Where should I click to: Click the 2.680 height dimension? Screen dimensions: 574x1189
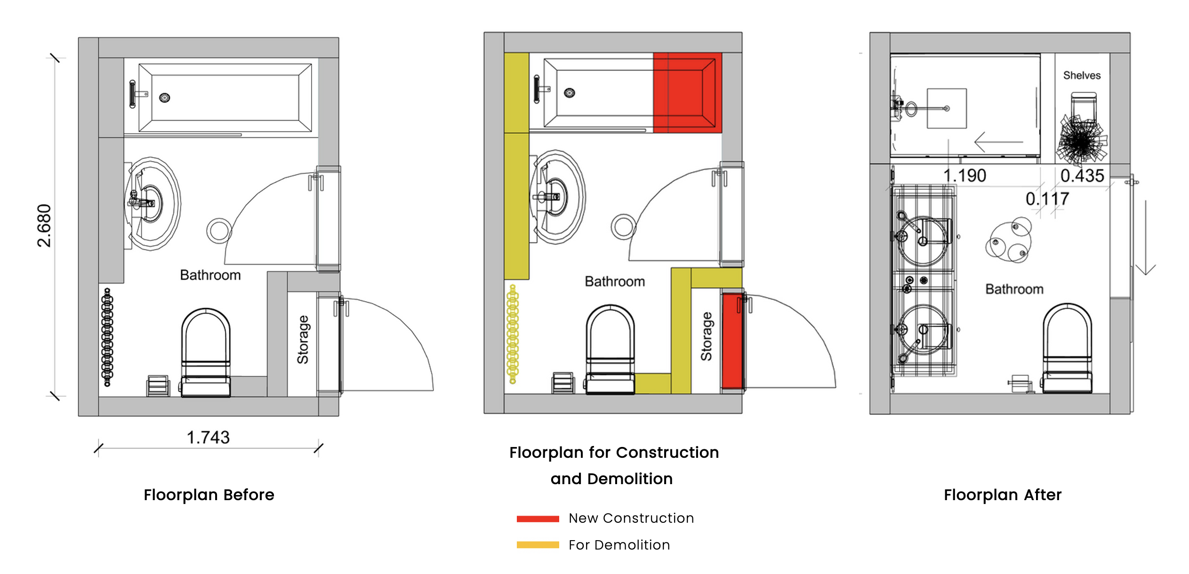pyautogui.click(x=44, y=226)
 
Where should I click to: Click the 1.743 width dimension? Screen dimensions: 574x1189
pyautogui.click(x=208, y=438)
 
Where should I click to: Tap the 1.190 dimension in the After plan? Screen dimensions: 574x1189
pyautogui.click(x=964, y=176)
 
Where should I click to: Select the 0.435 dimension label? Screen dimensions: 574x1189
pyautogui.click(x=1082, y=176)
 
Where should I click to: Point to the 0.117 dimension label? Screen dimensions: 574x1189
pyautogui.click(x=1047, y=199)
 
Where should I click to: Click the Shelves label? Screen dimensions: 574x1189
pyautogui.click(x=1082, y=75)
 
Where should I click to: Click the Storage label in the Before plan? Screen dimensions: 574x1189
pyautogui.click(x=303, y=340)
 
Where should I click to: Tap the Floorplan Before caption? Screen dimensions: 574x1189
pyautogui.click(x=209, y=495)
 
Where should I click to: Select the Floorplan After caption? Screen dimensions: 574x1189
pyautogui.click(x=1003, y=495)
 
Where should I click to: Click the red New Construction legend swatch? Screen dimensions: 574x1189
pyautogui.click(x=538, y=518)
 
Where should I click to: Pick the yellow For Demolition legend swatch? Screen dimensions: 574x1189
pyautogui.click(x=538, y=545)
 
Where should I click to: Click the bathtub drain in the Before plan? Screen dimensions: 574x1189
pyautogui.click(x=164, y=98)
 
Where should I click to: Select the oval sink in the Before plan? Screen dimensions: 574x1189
pyautogui.click(x=153, y=204)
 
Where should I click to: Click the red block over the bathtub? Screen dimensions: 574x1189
pyautogui.click(x=687, y=93)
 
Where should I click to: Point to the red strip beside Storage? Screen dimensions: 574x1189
pyautogui.click(x=732, y=341)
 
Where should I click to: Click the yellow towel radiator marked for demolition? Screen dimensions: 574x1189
pyautogui.click(x=513, y=334)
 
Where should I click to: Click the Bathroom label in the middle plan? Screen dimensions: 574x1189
pyautogui.click(x=614, y=282)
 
